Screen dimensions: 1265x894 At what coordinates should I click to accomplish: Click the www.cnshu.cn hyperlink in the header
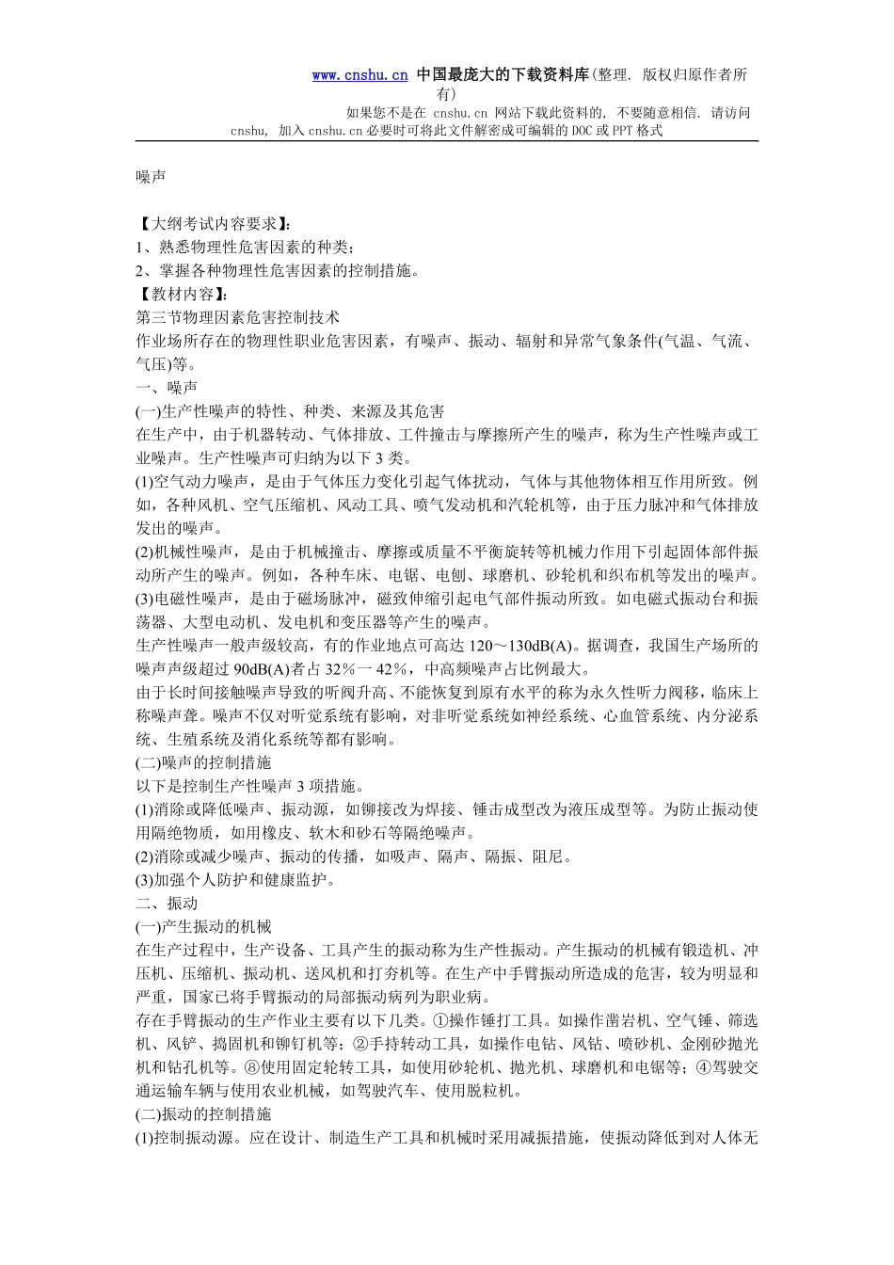pos(359,75)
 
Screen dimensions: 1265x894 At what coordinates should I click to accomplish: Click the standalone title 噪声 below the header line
pos(152,176)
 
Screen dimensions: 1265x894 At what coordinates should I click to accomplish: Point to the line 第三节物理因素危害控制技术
pos(238,317)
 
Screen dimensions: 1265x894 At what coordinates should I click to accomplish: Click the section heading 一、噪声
pos(167,388)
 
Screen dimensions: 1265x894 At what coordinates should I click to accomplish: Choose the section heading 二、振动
pos(167,904)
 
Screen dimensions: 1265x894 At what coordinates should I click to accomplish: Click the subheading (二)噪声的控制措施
pos(203,762)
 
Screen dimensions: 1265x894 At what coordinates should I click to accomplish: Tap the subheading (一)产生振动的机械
pos(203,927)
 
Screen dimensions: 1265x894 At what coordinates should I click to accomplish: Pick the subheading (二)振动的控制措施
pos(203,1114)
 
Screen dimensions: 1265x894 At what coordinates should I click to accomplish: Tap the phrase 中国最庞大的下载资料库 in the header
pos(503,75)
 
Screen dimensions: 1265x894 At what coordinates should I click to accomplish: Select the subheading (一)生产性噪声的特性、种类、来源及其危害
pos(291,411)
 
